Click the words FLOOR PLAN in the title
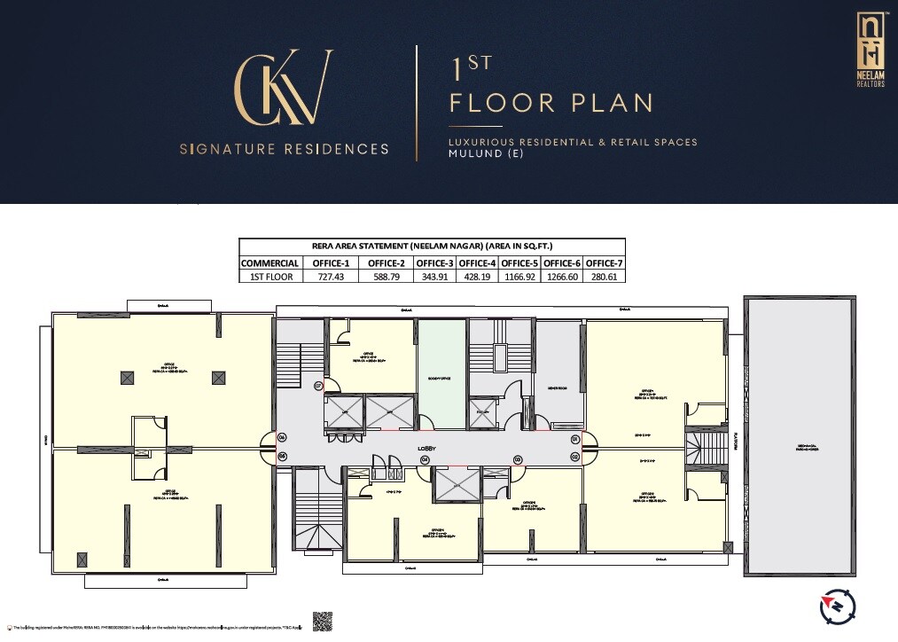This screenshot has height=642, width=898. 551,103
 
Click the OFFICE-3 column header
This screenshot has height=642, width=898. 434,262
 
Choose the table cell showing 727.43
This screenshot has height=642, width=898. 329,276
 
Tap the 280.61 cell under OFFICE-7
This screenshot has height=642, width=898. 605,276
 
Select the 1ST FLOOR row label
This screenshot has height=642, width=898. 269,276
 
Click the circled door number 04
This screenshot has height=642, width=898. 425,460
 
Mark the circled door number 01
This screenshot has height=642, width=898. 574,439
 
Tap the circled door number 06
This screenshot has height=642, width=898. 282,438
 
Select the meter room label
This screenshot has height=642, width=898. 558,388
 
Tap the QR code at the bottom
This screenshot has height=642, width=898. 322,622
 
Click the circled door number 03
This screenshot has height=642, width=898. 518,459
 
